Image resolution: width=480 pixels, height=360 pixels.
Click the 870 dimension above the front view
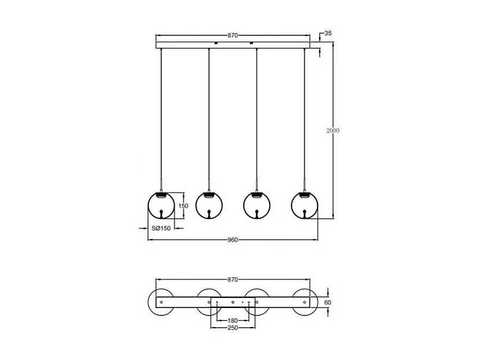pyautogui.click(x=232, y=35)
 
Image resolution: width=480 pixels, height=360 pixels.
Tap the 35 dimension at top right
pyautogui.click(x=328, y=34)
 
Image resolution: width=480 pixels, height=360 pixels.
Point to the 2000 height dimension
pyautogui.click(x=333, y=131)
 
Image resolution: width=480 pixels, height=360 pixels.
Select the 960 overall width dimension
pyautogui.click(x=232, y=240)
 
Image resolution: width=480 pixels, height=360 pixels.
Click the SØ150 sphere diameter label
pyautogui.click(x=161, y=229)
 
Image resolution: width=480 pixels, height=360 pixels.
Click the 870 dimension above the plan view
pyautogui.click(x=232, y=280)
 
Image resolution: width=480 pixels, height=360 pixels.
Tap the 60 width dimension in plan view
pyautogui.click(x=328, y=302)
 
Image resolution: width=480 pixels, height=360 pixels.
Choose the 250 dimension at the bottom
pyautogui.click(x=232, y=328)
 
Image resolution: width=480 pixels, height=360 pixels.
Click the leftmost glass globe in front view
pyautogui.click(x=161, y=205)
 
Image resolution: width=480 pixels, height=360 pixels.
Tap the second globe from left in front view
pyautogui.click(x=209, y=205)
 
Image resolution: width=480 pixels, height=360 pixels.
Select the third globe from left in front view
pyautogui.click(x=257, y=205)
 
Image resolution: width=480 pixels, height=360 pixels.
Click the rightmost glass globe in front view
pyautogui.click(x=304, y=205)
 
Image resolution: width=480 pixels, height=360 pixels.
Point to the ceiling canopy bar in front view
pyautogui.click(x=232, y=44)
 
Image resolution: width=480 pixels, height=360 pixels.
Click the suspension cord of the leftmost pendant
pyautogui.click(x=161, y=116)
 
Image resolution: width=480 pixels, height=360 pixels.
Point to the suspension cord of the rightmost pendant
pyautogui.click(x=304, y=116)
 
